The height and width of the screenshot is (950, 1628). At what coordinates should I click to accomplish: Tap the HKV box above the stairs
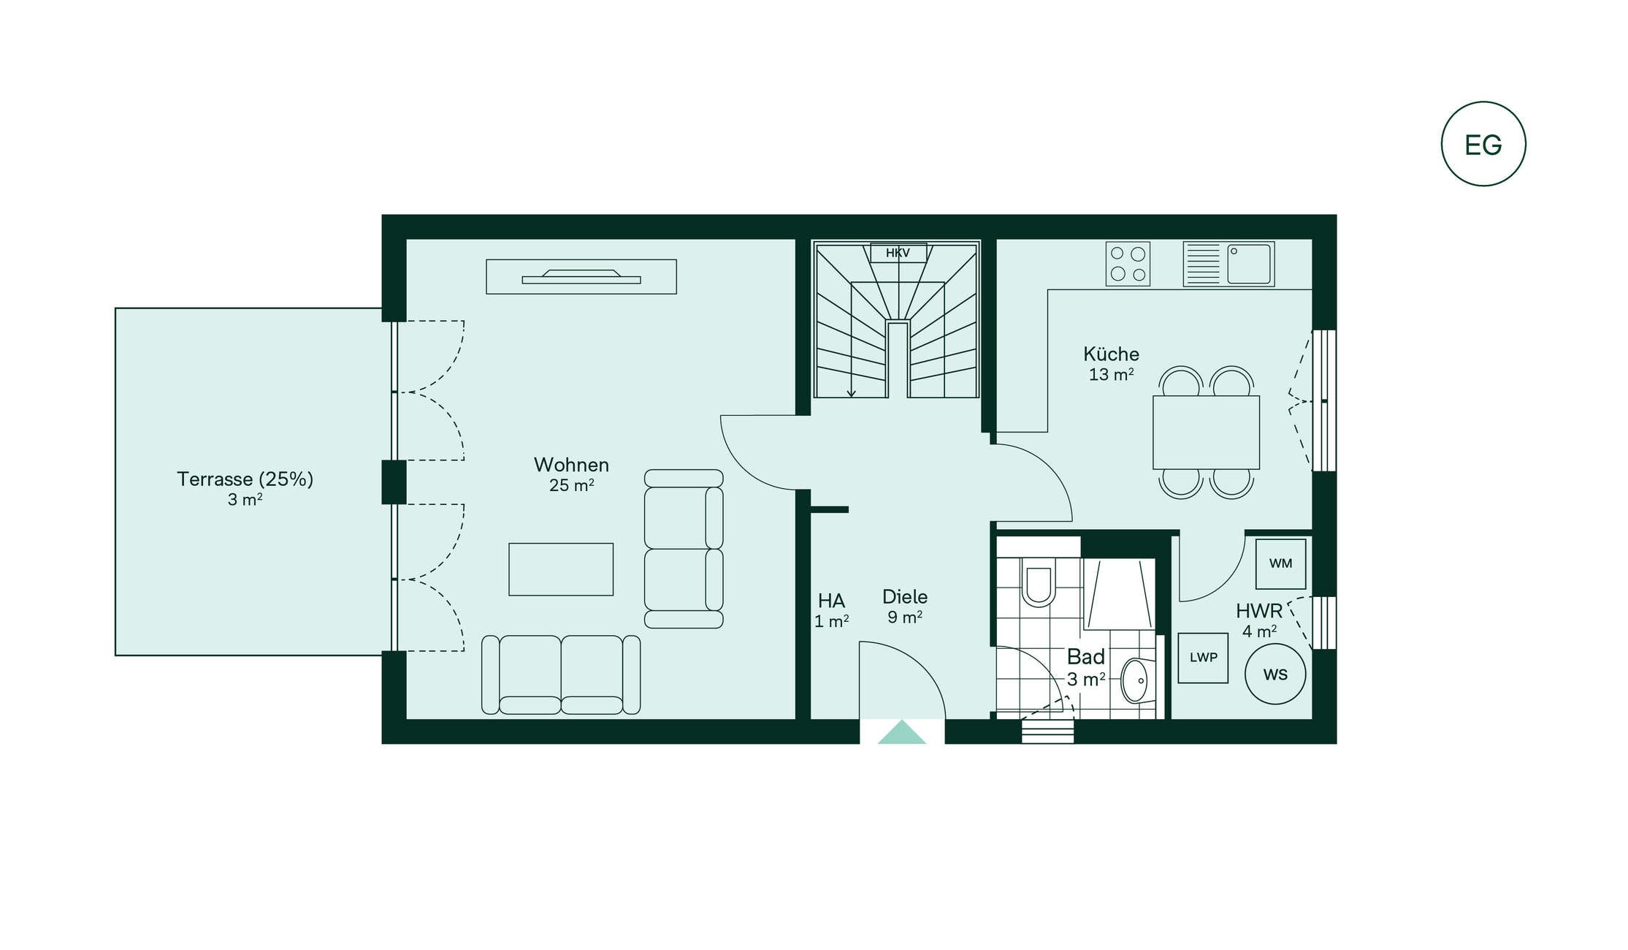pos(898,253)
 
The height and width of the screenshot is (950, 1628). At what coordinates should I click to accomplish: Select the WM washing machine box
pos(1280,563)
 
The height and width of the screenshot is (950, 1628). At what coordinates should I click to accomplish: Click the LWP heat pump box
pos(1203,658)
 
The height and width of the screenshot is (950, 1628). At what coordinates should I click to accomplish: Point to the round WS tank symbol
pos(1275,674)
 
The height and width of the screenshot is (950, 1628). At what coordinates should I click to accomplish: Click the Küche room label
pos(1111,354)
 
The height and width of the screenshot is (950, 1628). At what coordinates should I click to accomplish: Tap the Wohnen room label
pos(571,465)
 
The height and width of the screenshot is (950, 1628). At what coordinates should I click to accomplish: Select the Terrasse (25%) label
pos(245,479)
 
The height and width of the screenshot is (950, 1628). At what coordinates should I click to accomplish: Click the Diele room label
pos(905,597)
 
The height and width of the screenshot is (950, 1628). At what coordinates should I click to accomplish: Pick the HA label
pos(831,601)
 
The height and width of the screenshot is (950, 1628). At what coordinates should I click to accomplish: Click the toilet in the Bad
pos(1038,582)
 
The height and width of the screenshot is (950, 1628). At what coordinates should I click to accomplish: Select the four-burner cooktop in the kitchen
pos(1128,264)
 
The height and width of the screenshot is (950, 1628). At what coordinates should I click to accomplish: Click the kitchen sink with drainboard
pos(1228,264)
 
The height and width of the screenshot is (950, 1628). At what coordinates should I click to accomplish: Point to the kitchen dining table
pos(1206,432)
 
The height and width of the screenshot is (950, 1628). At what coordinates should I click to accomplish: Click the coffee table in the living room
pos(561,569)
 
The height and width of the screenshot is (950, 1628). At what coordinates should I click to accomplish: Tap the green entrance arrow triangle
pos(902,732)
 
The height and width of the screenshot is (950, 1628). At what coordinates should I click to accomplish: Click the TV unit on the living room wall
pos(581,277)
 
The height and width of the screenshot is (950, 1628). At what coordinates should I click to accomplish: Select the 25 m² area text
pos(571,485)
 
